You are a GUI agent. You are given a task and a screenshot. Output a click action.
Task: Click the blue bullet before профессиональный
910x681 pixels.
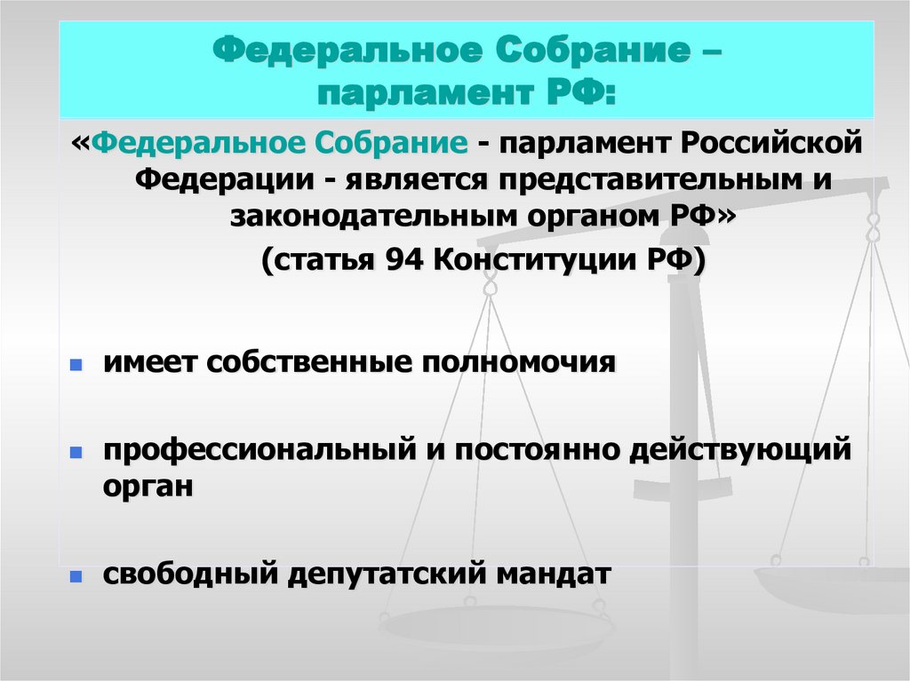[x=76, y=452]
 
